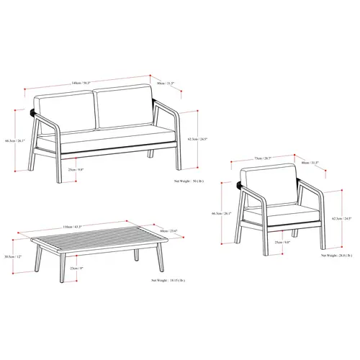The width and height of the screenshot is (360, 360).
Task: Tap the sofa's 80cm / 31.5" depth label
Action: (x=165, y=83)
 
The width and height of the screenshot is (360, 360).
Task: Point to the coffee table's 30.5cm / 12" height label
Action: (x=12, y=257)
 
